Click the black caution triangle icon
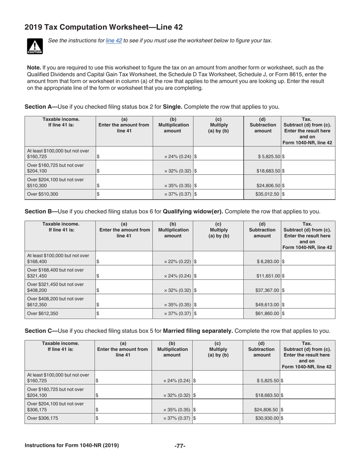(34, 46)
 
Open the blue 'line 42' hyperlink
(114, 41)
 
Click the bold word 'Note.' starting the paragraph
(34, 67)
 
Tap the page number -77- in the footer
(180, 446)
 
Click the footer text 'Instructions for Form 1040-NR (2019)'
(72, 446)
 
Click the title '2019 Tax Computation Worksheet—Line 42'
(103, 27)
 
